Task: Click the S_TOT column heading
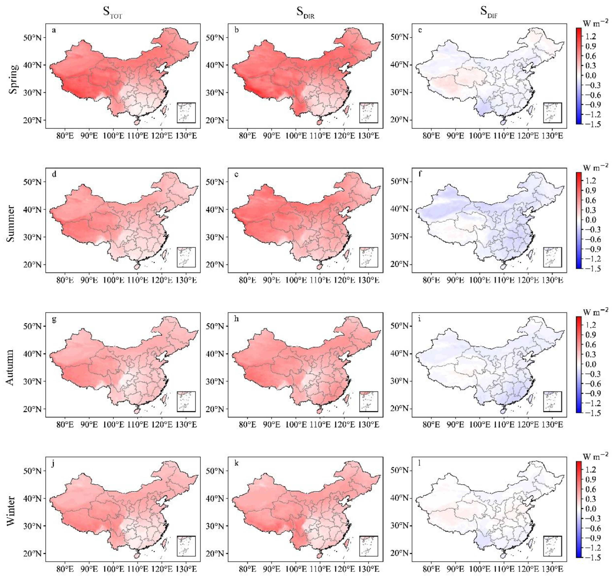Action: [x=112, y=12]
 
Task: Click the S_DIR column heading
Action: [x=305, y=12]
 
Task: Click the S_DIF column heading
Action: [x=489, y=12]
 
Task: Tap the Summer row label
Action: [x=11, y=223]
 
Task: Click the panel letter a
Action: [x=54, y=30]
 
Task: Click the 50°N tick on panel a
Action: [x=32, y=38]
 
